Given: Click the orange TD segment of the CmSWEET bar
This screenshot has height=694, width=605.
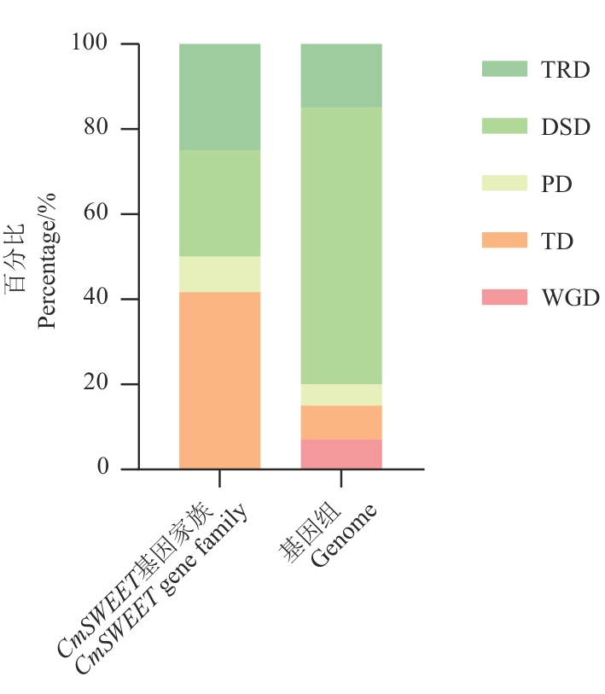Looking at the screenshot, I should pyautogui.click(x=219, y=380).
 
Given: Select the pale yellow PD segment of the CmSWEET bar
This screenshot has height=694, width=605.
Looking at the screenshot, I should pyautogui.click(x=219, y=274).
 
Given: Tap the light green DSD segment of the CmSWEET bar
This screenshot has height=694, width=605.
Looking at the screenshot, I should pyautogui.click(x=219, y=203).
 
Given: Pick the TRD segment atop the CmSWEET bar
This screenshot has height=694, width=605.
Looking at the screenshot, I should pyautogui.click(x=219, y=96).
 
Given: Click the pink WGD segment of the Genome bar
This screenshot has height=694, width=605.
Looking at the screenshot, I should pyautogui.click(x=341, y=454).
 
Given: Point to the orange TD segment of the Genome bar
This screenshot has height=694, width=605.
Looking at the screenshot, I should pyautogui.click(x=341, y=423).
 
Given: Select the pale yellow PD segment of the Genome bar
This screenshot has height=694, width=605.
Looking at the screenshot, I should pyautogui.click(x=341, y=394).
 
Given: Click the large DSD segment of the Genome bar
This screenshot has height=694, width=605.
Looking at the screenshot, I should pyautogui.click(x=341, y=246).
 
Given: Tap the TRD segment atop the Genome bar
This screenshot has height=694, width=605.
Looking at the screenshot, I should pyautogui.click(x=341, y=75).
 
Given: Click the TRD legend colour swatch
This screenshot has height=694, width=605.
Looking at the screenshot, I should pyautogui.click(x=504, y=69).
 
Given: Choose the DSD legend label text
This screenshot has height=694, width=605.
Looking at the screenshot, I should pyautogui.click(x=565, y=127).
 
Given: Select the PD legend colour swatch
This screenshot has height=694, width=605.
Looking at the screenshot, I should pyautogui.click(x=504, y=184).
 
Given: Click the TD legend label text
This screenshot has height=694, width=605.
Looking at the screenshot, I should pyautogui.click(x=556, y=241).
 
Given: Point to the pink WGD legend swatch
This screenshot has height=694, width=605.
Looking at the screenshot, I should pyautogui.click(x=504, y=297).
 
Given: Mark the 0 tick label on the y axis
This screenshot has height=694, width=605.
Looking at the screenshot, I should pyautogui.click(x=104, y=468).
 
